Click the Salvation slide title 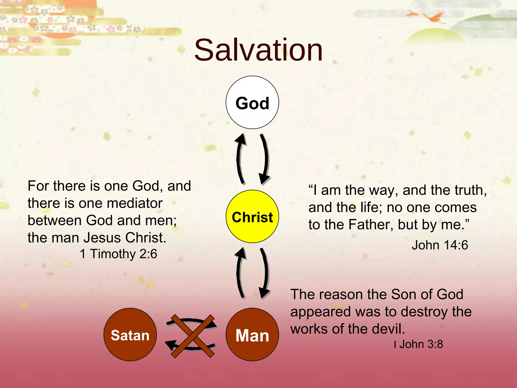[x=258, y=50]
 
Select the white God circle [x=252, y=103]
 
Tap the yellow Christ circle [x=252, y=216]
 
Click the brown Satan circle [x=130, y=334]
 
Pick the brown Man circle [x=252, y=334]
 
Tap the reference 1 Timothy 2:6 [x=118, y=254]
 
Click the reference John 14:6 [x=440, y=245]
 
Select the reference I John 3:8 [x=418, y=344]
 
